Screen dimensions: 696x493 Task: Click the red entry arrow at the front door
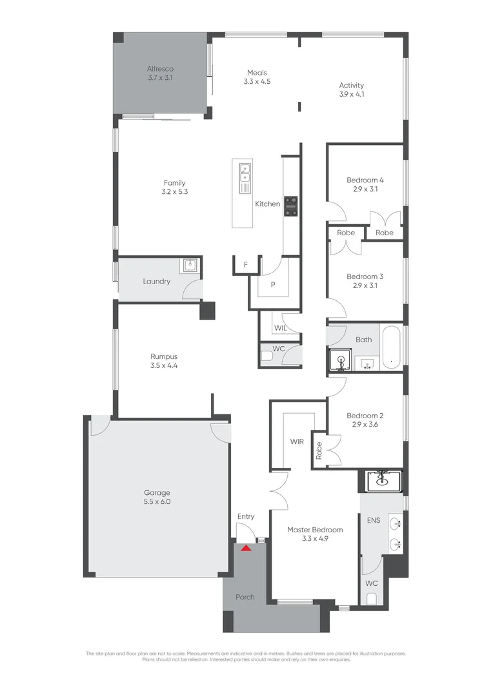(x=246, y=548)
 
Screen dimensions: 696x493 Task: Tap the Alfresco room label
(x=160, y=69)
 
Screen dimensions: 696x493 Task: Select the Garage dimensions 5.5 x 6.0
(x=157, y=501)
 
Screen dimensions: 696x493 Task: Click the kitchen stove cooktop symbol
(x=291, y=206)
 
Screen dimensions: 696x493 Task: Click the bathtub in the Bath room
(x=390, y=347)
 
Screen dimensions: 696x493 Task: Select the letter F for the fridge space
(x=246, y=265)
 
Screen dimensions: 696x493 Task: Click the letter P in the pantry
(x=273, y=284)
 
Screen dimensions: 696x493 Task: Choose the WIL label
(x=280, y=328)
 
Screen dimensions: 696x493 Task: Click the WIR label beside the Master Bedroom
(x=297, y=442)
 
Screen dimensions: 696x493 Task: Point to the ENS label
(x=373, y=519)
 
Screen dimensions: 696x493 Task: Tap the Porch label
(x=245, y=597)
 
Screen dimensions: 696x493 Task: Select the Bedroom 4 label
(x=365, y=180)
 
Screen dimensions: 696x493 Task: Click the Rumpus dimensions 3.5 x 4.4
(x=164, y=365)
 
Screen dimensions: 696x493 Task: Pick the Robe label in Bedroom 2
(x=319, y=450)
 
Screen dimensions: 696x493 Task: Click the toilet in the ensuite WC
(x=371, y=599)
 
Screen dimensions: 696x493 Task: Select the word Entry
(x=246, y=516)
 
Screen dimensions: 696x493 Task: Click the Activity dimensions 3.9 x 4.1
(x=352, y=94)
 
